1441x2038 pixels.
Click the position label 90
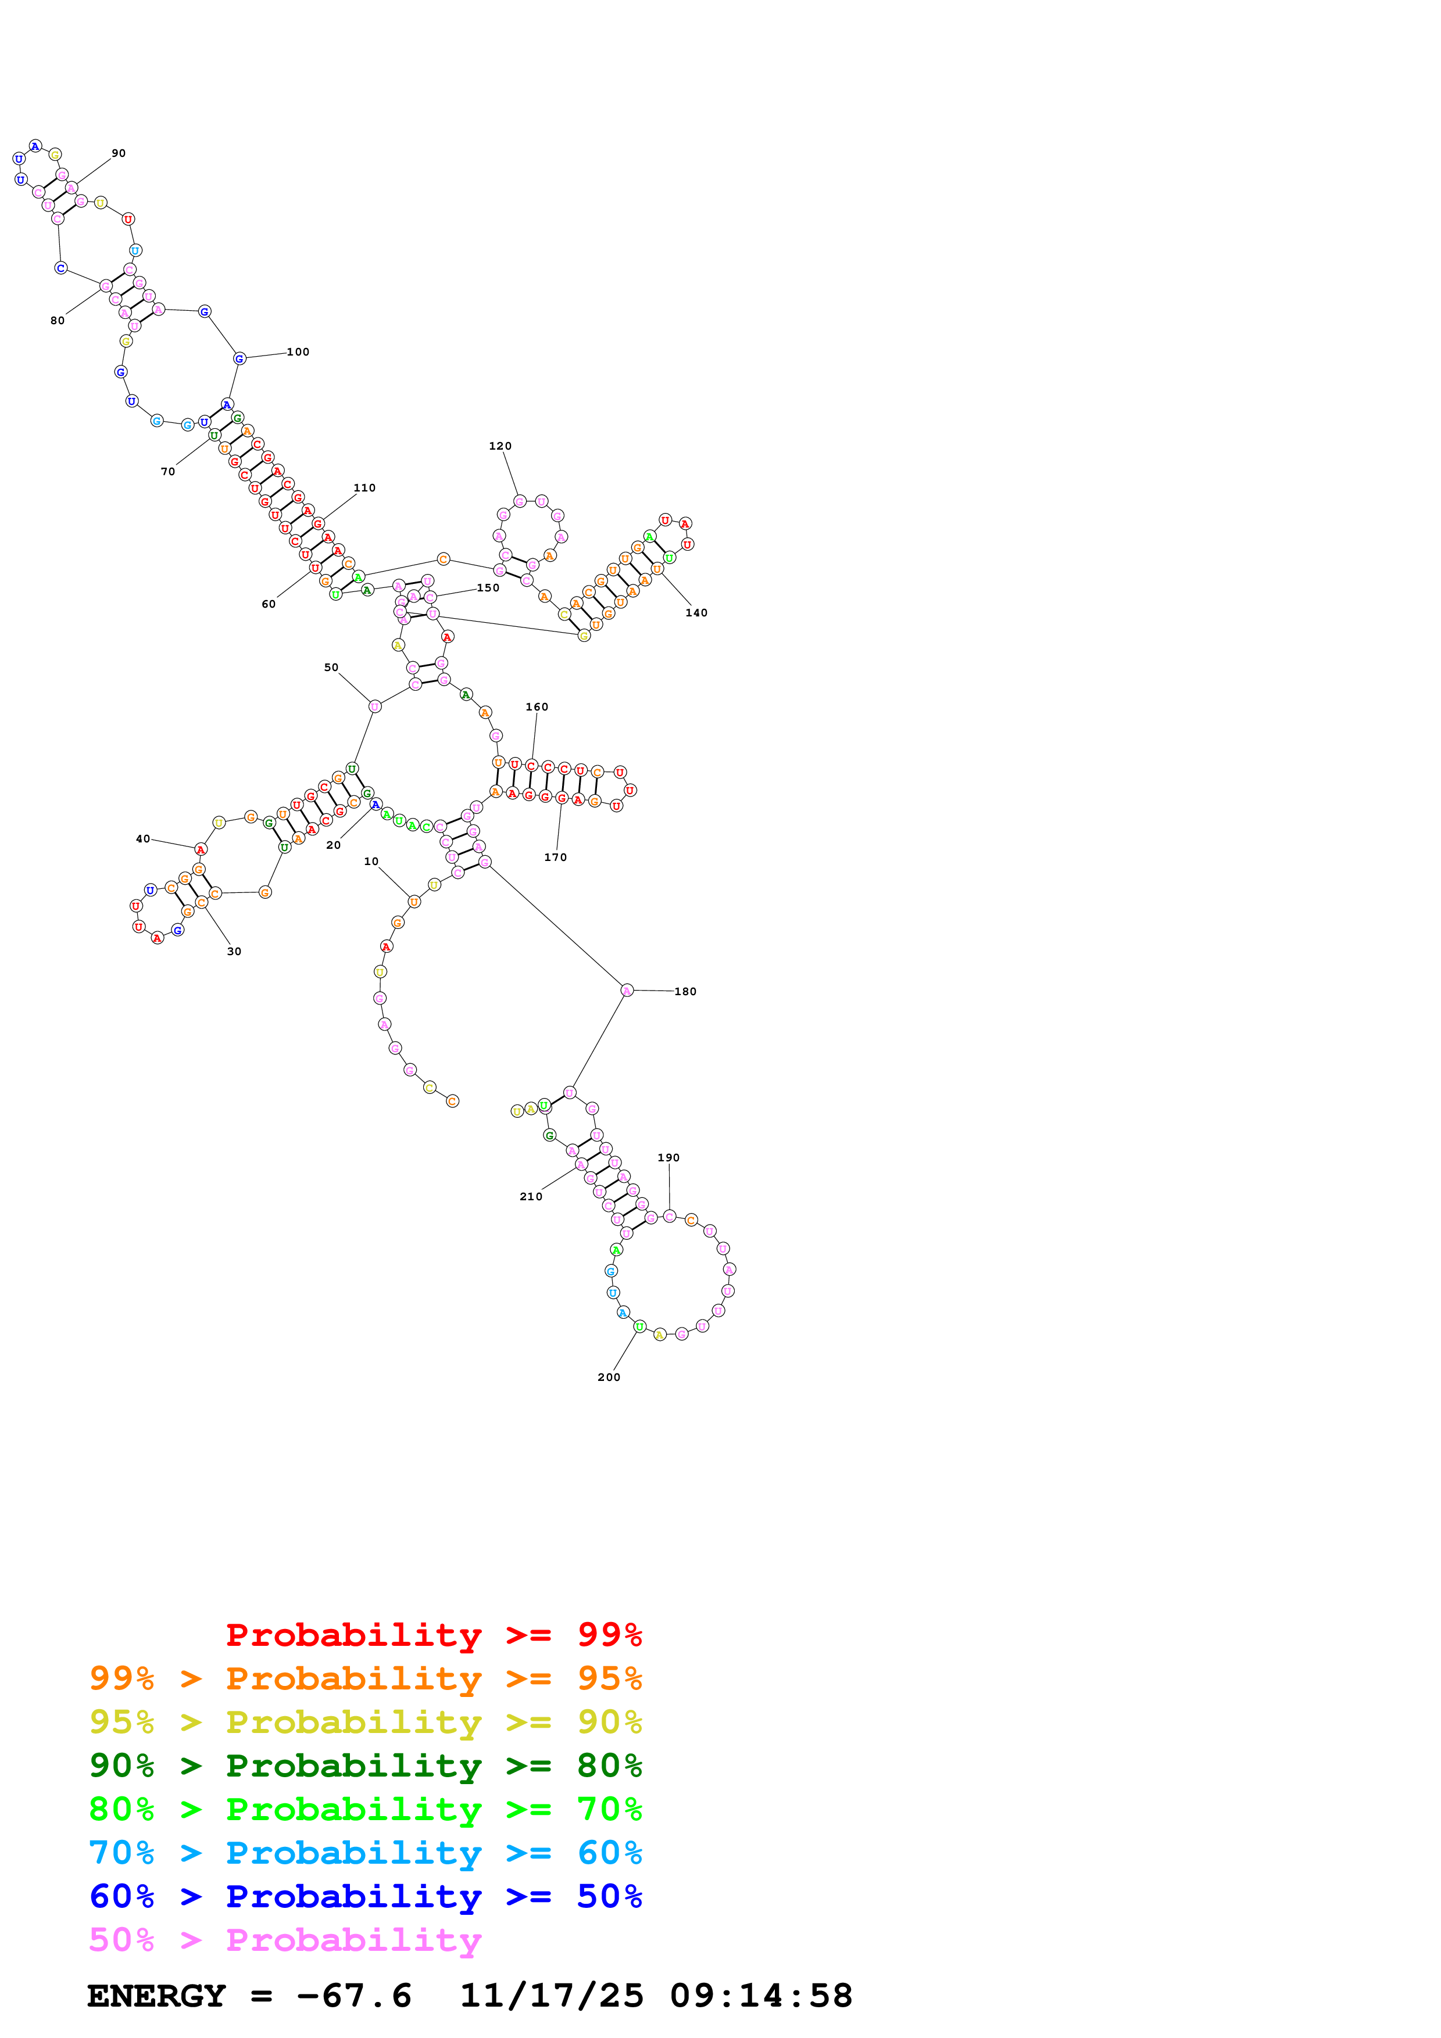(x=118, y=153)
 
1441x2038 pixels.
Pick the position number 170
(x=555, y=857)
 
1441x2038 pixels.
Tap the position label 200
(x=608, y=1377)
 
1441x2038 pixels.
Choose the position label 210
(x=531, y=1197)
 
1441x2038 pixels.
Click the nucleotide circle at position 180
(x=627, y=991)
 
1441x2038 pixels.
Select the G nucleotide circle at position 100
(x=239, y=358)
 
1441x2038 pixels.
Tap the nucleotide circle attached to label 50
(x=375, y=706)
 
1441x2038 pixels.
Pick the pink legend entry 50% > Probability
(x=285, y=1940)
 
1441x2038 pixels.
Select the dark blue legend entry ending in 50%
(x=365, y=1897)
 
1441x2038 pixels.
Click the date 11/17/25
(x=550, y=1996)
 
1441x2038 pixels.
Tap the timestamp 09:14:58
(x=761, y=1996)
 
